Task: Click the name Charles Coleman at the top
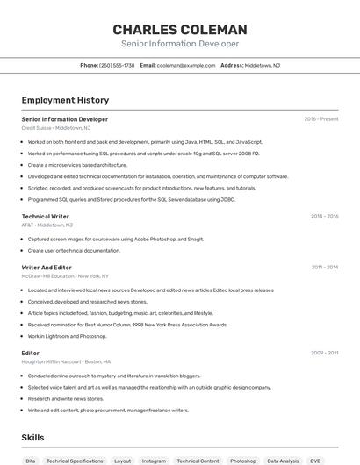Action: pyautogui.click(x=180, y=29)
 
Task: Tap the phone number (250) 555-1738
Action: pyautogui.click(x=117, y=65)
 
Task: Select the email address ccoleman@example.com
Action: pyautogui.click(x=186, y=65)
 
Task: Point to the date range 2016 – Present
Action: pyautogui.click(x=321, y=119)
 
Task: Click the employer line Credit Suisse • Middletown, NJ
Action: pyautogui.click(x=55, y=127)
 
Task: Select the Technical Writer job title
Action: pyautogui.click(x=46, y=216)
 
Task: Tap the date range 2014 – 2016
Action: pyautogui.click(x=324, y=216)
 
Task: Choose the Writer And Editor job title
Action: pyautogui.click(x=47, y=267)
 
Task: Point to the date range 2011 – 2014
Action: pyautogui.click(x=324, y=267)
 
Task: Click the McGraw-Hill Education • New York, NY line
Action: pyautogui.click(x=65, y=275)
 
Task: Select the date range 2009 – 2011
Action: pyautogui.click(x=324, y=353)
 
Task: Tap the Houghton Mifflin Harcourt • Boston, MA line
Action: pyautogui.click(x=66, y=361)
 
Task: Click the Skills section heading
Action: pyautogui.click(x=32, y=437)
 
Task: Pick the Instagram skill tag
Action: pyautogui.click(x=154, y=461)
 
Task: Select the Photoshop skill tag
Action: pyautogui.click(x=243, y=461)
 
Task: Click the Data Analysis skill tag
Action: pyautogui.click(x=283, y=461)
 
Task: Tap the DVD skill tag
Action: pyautogui.click(x=315, y=461)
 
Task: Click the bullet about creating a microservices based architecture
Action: pyautogui.click(x=77, y=165)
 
